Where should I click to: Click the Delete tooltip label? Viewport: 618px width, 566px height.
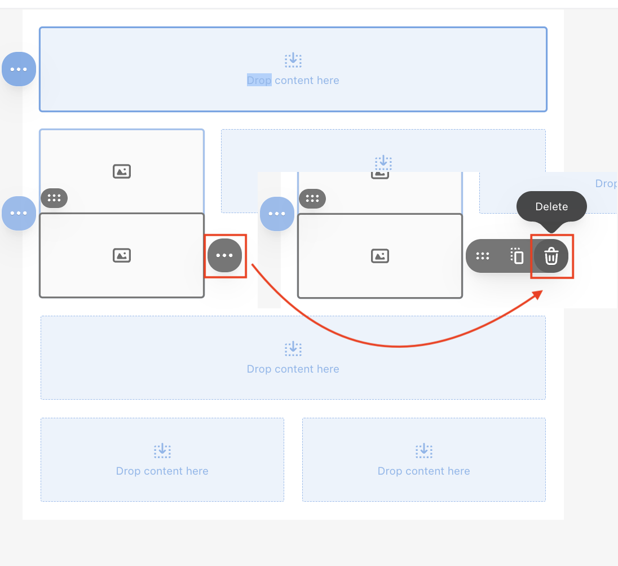[551, 206]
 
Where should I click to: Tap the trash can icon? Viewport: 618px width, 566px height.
[551, 256]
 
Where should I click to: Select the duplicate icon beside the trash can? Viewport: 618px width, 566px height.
[517, 256]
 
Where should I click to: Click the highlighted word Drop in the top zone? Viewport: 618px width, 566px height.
[259, 80]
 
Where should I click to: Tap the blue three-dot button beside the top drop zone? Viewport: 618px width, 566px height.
[19, 69]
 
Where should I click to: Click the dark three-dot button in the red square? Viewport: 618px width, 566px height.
[224, 255]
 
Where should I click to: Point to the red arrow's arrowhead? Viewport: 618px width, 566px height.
[537, 295]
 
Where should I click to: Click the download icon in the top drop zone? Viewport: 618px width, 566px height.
[293, 60]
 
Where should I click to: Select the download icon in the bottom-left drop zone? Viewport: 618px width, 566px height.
[162, 450]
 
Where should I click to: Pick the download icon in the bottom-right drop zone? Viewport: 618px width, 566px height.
[424, 450]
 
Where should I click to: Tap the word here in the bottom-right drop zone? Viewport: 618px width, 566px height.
[459, 471]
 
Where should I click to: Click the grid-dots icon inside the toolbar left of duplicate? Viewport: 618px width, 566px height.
[483, 256]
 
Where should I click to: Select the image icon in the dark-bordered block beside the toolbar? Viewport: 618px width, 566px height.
[380, 256]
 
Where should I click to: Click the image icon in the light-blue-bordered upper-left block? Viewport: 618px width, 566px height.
[122, 171]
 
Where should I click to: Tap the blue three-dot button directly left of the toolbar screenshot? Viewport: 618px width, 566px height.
[277, 214]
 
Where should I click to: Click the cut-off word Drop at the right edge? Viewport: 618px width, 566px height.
[606, 184]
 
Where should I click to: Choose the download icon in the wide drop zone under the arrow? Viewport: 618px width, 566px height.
[293, 348]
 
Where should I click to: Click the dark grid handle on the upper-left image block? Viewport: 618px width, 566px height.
[54, 198]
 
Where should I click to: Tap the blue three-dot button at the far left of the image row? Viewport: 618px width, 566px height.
[19, 213]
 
